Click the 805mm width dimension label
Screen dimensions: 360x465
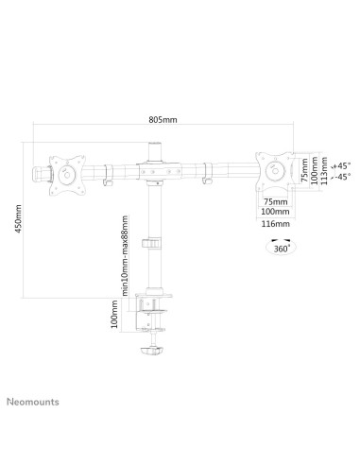click(163, 120)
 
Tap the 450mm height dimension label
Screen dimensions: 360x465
click(18, 219)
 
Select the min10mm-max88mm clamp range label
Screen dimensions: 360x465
click(125, 256)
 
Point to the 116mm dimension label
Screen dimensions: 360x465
click(275, 224)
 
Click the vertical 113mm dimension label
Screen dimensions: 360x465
click(325, 171)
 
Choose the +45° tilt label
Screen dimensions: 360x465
click(342, 165)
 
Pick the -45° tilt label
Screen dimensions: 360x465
click(343, 177)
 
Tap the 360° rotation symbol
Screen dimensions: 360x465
click(282, 247)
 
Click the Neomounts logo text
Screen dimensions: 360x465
click(33, 402)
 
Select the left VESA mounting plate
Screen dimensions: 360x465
click(67, 175)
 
